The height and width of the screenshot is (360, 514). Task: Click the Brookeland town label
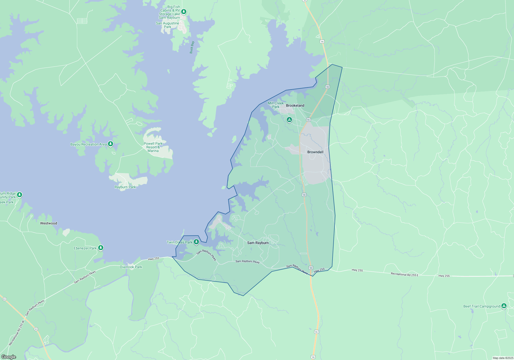(x=295, y=105)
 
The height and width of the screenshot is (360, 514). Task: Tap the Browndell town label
(x=315, y=152)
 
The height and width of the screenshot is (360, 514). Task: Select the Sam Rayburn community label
(x=258, y=243)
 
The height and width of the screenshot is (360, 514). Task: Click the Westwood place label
(x=49, y=223)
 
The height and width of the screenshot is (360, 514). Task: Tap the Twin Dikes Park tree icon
(x=196, y=242)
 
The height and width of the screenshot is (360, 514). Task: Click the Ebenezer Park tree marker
(x=101, y=248)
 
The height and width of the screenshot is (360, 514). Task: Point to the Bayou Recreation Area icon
(x=111, y=144)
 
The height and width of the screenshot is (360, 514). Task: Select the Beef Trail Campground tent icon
(x=504, y=306)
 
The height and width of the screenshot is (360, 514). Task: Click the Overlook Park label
(x=131, y=267)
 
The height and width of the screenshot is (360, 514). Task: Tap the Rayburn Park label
(x=125, y=187)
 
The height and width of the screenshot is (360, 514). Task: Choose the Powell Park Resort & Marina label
(x=153, y=147)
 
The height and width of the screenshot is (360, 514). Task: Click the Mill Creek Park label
(x=276, y=105)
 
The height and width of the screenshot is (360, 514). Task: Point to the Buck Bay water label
(x=192, y=47)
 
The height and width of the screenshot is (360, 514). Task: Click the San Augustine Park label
(x=168, y=25)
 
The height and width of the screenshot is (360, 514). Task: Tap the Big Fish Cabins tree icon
(x=184, y=12)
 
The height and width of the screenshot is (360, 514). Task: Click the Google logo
(x=9, y=357)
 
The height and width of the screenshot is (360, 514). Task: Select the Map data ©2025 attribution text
(x=503, y=358)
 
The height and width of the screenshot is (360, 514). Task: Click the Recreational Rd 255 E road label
(x=405, y=274)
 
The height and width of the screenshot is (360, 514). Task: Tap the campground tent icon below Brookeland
(x=289, y=120)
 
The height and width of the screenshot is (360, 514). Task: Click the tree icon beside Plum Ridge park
(x=20, y=195)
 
